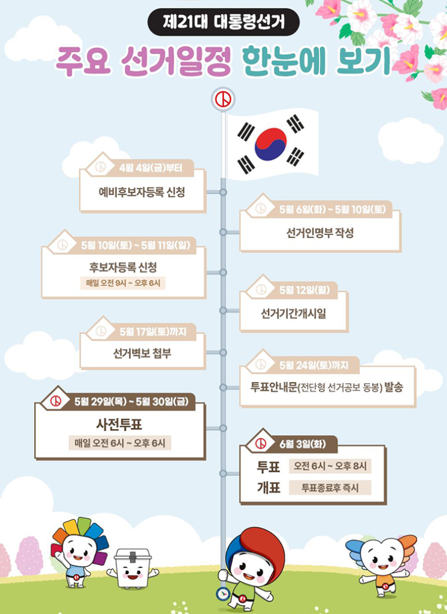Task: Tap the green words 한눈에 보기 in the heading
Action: [316, 61]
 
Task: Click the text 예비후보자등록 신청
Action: [141, 192]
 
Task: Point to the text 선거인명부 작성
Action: [320, 233]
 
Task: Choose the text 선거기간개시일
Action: [293, 313]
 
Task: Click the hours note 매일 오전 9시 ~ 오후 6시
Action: [124, 283]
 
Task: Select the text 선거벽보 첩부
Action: [142, 353]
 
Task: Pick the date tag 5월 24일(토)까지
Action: [314, 364]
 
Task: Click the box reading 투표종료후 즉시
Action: [329, 488]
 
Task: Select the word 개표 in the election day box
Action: [269, 488]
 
